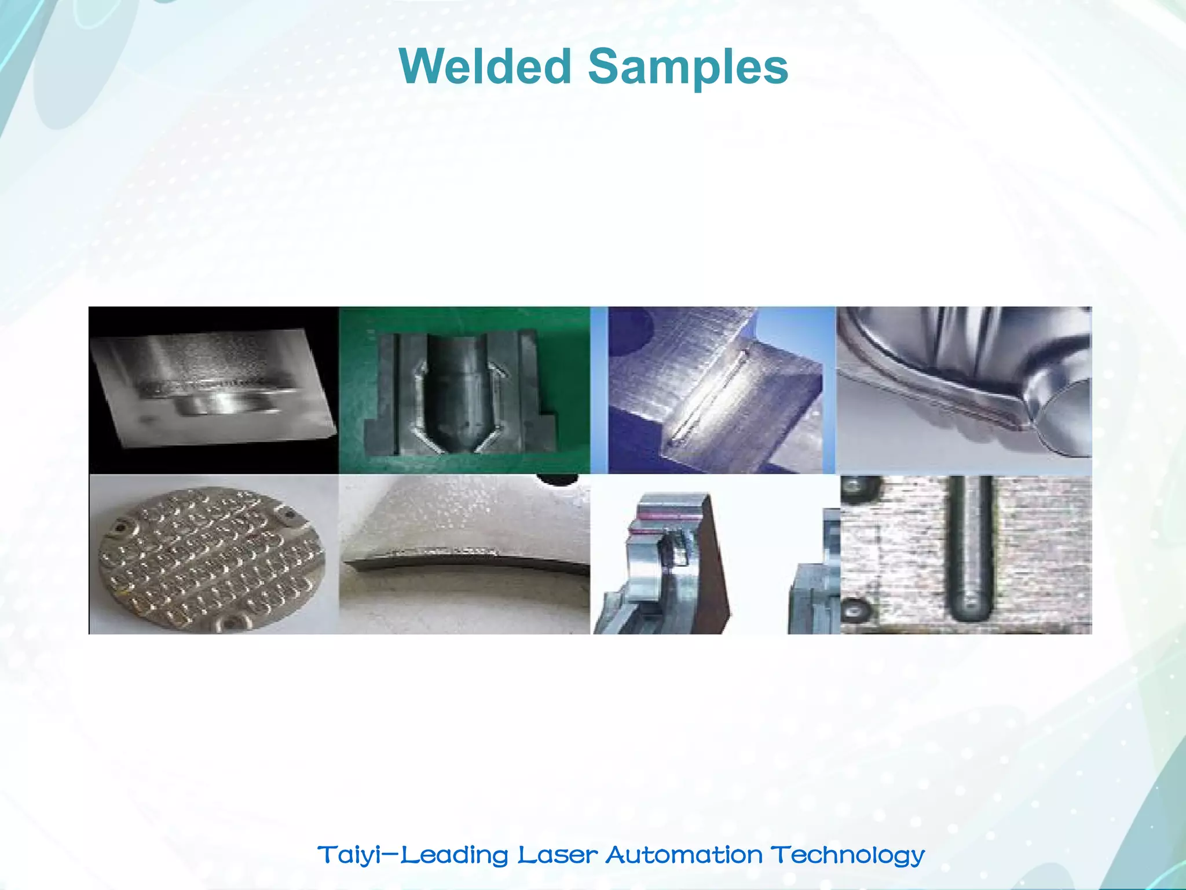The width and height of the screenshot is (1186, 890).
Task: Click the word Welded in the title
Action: [x=485, y=67]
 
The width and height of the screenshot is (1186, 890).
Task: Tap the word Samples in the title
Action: [x=688, y=67]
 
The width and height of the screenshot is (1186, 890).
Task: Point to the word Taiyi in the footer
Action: [x=349, y=855]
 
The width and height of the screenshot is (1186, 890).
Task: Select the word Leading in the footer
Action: [x=455, y=855]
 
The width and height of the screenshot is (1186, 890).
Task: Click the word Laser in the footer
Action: [x=557, y=855]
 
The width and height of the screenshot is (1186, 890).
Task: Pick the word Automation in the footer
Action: [x=684, y=855]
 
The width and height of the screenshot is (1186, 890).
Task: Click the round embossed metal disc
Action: [x=211, y=556]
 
